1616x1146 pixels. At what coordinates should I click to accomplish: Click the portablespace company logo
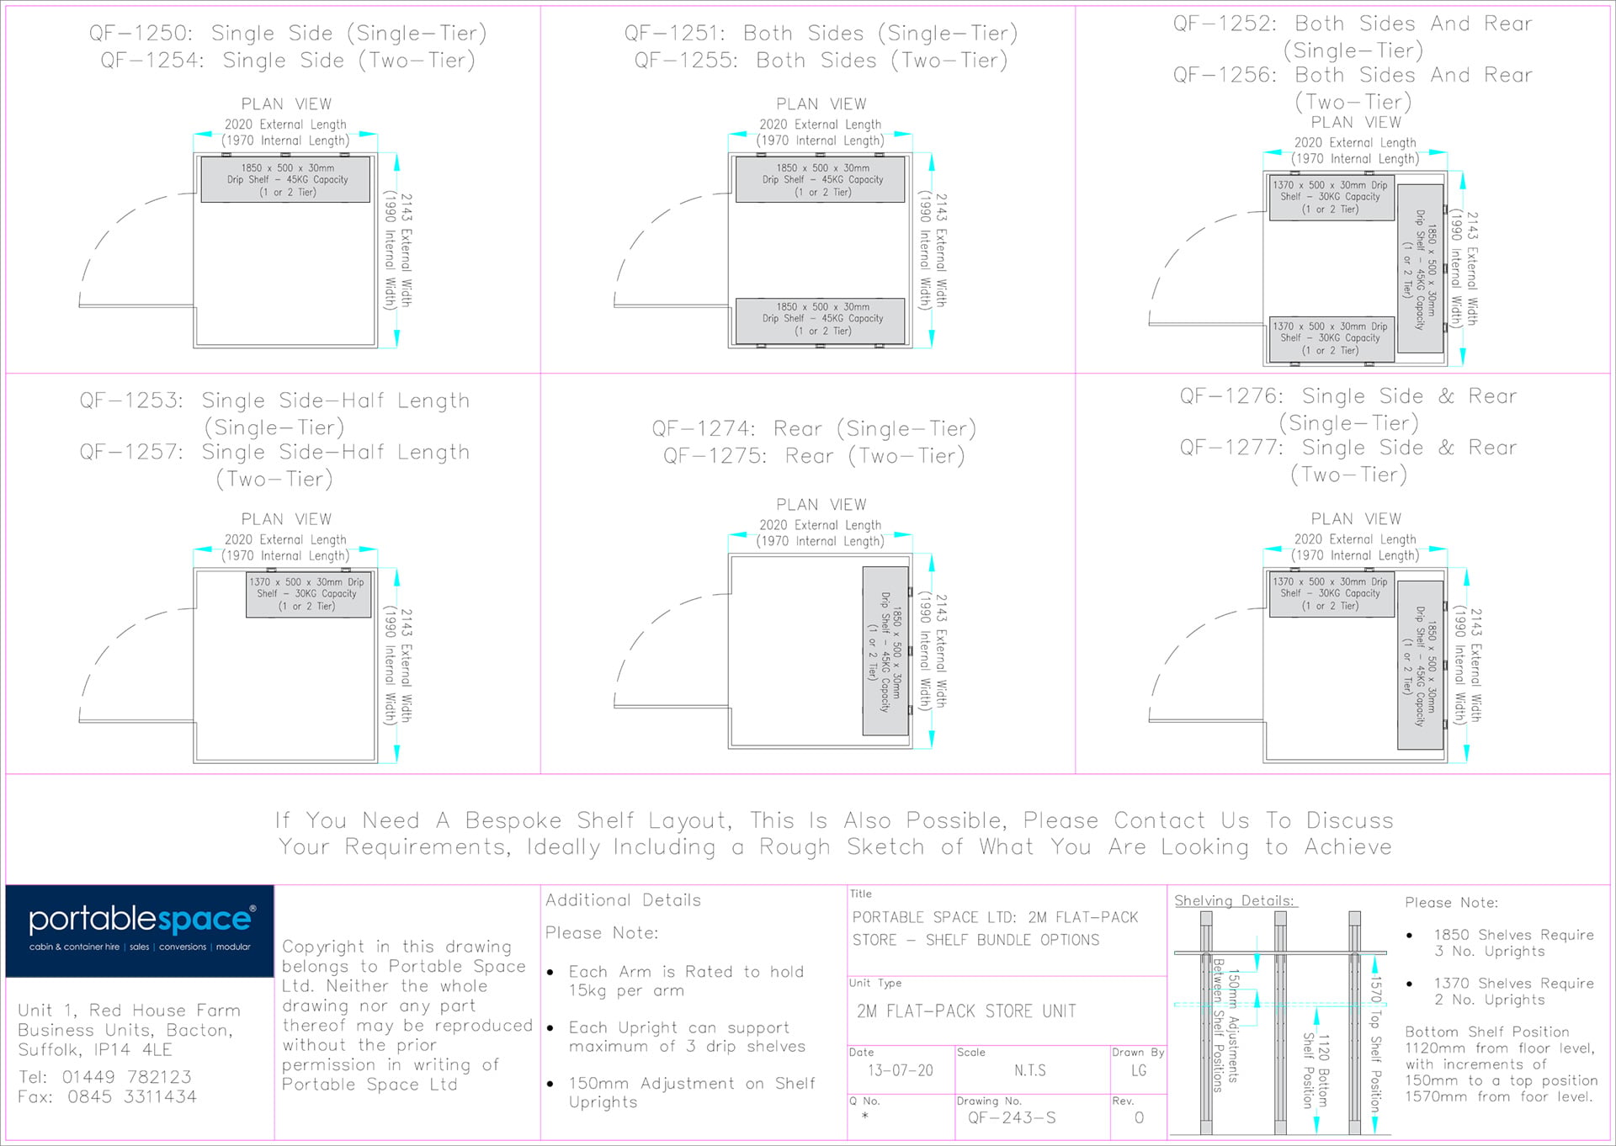140,930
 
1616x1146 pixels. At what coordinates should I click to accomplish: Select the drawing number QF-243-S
1012,1117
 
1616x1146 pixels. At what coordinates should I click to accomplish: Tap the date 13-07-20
901,1070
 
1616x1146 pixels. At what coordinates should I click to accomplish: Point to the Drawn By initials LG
1139,1070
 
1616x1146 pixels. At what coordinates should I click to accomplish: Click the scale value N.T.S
1030,1070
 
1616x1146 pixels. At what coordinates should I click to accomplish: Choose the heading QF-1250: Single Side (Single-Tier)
288,33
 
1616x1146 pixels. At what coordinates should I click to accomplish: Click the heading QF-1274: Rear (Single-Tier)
814,429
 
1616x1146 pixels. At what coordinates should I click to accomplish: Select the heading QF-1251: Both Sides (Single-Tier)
821,33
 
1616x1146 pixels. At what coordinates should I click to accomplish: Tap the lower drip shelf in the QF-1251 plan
821,321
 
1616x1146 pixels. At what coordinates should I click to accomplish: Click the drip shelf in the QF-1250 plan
285,179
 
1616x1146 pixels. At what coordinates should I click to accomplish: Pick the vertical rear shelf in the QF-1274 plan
885,651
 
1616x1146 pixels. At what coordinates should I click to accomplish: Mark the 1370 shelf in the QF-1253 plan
308,594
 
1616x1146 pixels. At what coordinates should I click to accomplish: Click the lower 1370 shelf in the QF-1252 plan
1332,339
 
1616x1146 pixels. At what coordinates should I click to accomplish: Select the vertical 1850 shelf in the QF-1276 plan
1421,665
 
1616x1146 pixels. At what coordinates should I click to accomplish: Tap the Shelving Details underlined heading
1235,900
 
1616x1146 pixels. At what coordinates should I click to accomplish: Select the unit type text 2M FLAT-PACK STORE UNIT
966,1011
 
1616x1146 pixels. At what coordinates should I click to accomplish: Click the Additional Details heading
623,899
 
